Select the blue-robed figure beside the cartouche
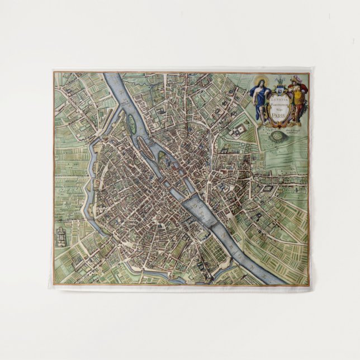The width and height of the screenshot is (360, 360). (260, 100)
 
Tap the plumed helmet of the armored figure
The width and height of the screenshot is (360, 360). (296, 79)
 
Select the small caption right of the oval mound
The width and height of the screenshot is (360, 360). (293, 132)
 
